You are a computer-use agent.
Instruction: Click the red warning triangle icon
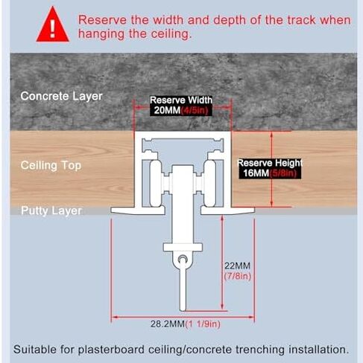[52, 26]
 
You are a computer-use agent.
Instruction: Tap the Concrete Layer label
[61, 96]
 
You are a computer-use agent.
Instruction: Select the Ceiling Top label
[51, 165]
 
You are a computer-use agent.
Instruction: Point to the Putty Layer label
[51, 211]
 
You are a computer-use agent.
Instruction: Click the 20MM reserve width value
[167, 110]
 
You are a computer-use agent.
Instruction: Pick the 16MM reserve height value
[256, 173]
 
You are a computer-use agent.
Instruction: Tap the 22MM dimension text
[237, 266]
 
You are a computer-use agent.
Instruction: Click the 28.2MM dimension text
[168, 324]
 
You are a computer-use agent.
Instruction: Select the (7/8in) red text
[238, 276]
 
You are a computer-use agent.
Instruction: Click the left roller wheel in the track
[156, 184]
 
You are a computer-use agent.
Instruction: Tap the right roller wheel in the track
[209, 184]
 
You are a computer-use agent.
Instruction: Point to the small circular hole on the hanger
[183, 259]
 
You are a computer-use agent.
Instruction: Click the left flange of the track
[138, 211]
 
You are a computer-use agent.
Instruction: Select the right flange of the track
[227, 211]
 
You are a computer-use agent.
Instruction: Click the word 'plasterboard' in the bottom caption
[111, 350]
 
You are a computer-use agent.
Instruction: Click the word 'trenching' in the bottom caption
[259, 350]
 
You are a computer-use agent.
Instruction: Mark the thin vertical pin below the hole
[183, 285]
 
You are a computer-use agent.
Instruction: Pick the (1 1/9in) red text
[203, 324]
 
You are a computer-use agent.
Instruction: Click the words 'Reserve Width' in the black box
[181, 100]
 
